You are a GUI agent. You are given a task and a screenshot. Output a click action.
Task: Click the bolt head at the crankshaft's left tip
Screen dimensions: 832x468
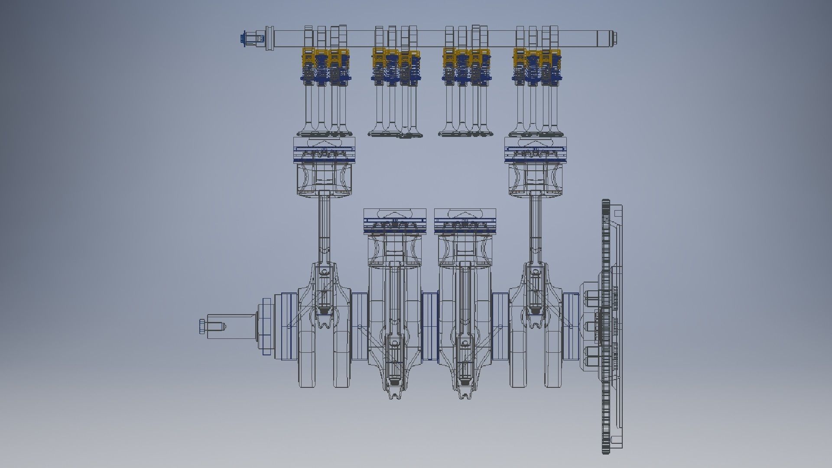point(202,326)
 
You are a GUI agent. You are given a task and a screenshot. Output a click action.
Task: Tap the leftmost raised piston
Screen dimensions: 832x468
point(324,167)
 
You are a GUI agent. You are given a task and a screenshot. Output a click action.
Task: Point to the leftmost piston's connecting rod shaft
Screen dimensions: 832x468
point(324,230)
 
